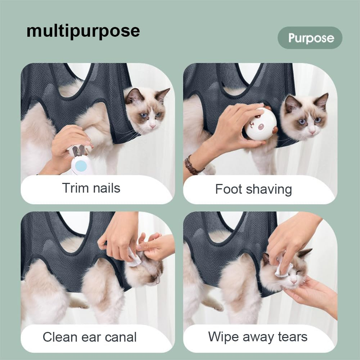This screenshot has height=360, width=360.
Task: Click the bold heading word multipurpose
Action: (x=83, y=31)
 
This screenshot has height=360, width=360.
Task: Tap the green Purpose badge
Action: (x=310, y=38)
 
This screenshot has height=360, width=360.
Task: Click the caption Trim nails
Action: (x=91, y=188)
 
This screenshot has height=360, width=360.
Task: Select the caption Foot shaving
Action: (x=253, y=189)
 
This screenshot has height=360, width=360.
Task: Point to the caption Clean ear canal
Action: (x=90, y=337)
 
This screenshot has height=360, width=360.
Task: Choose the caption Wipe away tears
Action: (x=258, y=337)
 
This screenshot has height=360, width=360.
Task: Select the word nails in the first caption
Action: (x=105, y=188)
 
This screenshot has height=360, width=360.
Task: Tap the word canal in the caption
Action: (x=120, y=337)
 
